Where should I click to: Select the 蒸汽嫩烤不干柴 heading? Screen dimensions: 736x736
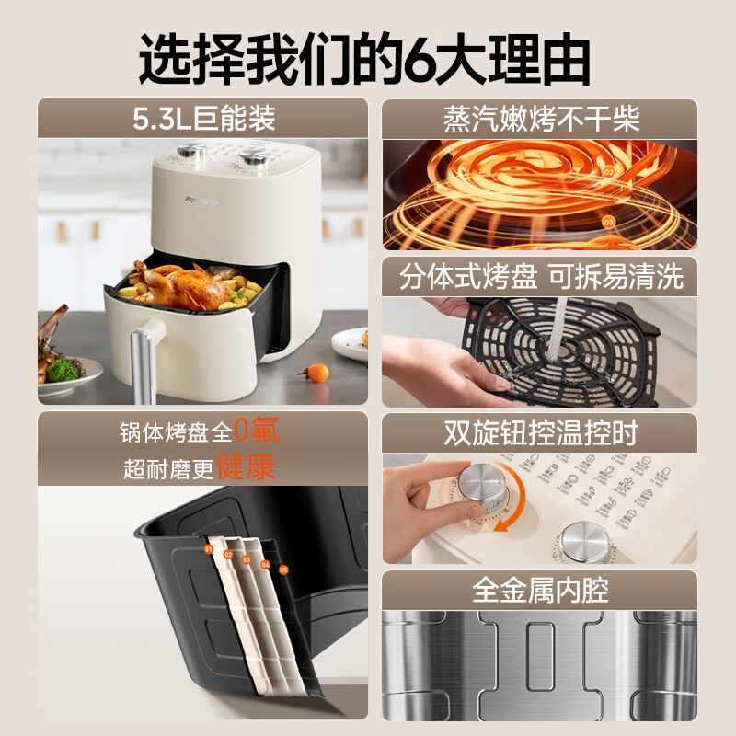click(541, 119)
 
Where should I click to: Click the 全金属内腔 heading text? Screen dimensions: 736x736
click(541, 590)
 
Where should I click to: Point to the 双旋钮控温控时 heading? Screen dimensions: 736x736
click(541, 432)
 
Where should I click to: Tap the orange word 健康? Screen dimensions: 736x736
click(247, 467)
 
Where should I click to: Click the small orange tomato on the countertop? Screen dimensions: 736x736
click(317, 373)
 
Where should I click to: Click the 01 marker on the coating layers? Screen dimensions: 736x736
click(209, 549)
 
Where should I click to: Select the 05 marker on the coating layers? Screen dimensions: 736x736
click(283, 570)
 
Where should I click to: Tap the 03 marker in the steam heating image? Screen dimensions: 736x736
click(608, 222)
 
